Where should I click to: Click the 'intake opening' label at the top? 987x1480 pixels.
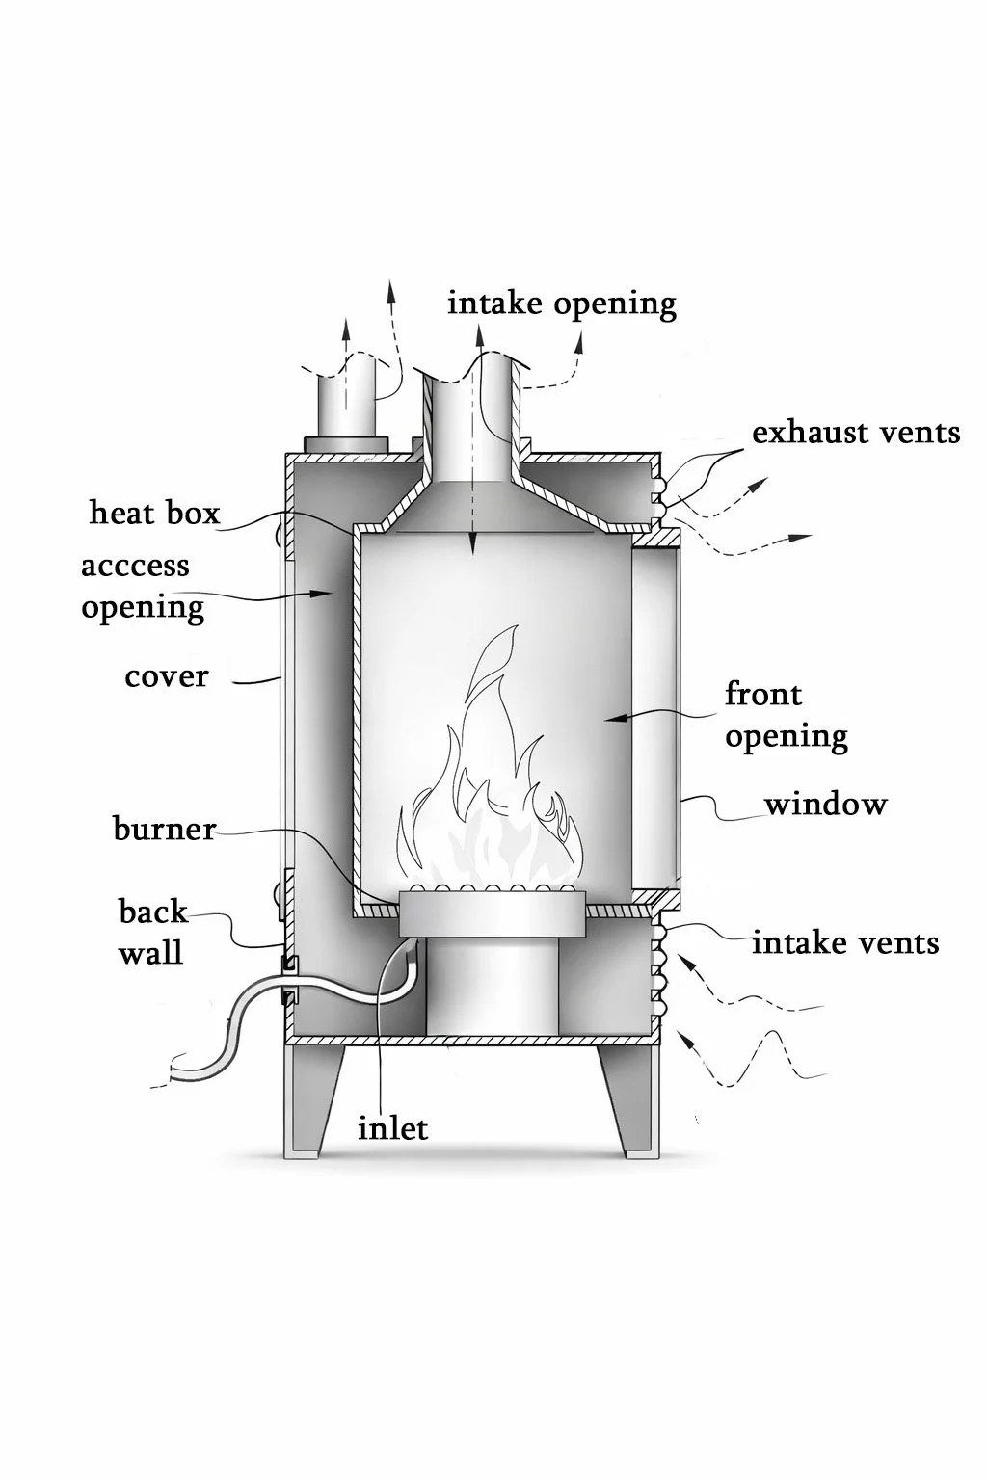pos(562,305)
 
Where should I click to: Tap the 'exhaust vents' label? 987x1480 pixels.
pos(856,433)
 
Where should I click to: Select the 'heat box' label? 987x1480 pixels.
pos(154,513)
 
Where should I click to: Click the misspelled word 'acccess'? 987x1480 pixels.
pos(136,567)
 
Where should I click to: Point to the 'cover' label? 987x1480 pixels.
pos(167,677)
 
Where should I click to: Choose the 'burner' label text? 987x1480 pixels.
pos(165,829)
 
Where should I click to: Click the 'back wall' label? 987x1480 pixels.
pos(152,933)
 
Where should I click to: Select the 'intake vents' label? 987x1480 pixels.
pos(845,943)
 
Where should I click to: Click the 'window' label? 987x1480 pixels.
pos(826,805)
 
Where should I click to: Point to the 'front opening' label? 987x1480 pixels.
pos(786,716)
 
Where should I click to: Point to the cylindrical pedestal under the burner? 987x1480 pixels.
pos(492,987)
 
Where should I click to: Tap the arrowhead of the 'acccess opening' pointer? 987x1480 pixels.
pos(324,594)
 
